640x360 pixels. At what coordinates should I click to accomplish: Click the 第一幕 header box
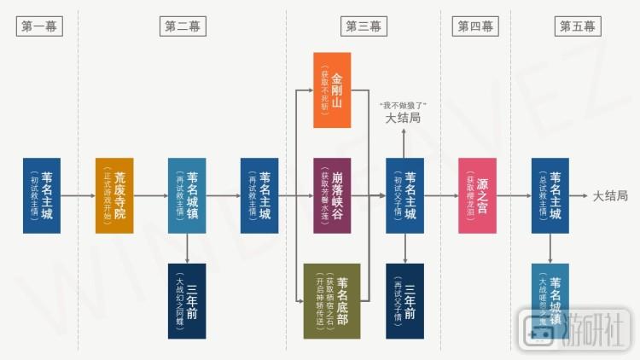[39, 26]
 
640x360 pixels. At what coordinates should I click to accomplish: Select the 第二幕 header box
[183, 26]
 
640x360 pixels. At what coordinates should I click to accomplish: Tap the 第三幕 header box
[364, 26]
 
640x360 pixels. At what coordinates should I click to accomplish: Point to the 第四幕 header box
[475, 26]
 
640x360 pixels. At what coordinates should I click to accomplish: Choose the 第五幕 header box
[578, 26]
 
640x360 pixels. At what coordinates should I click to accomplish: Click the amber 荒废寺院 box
[113, 195]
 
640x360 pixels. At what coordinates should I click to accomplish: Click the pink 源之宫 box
[477, 195]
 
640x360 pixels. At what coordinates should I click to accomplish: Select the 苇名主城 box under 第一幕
[41, 195]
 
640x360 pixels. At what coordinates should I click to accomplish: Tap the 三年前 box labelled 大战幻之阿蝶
[187, 301]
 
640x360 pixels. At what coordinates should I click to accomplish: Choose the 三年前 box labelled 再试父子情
[404, 301]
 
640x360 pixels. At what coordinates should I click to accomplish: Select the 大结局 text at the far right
[610, 196]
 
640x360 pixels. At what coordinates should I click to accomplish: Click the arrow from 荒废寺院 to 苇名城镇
[150, 195]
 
